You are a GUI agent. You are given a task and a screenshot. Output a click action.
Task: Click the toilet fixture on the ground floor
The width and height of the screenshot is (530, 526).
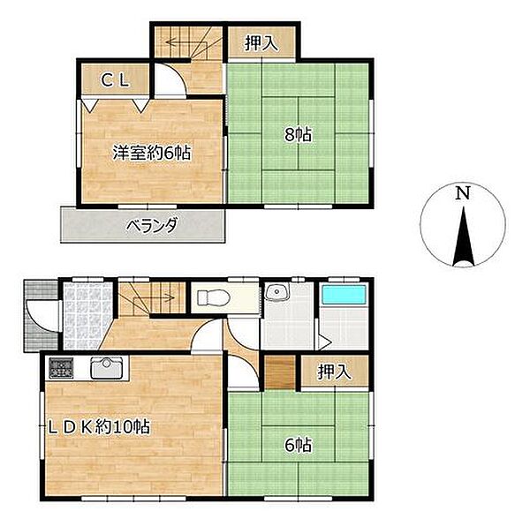click(x=214, y=297)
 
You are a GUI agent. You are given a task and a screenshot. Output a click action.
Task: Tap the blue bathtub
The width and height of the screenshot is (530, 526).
click(x=344, y=295)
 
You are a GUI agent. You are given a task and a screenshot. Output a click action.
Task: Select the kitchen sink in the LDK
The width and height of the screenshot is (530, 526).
click(x=107, y=367)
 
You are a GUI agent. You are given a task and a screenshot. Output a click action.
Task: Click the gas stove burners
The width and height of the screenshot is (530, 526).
click(x=61, y=367)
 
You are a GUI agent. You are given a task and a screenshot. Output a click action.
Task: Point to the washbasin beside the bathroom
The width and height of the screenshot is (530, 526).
click(x=277, y=292)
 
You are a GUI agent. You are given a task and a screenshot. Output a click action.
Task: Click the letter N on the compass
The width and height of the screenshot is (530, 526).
click(x=463, y=193)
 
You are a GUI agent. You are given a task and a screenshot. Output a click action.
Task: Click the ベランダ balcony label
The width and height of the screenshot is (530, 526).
click(x=151, y=225)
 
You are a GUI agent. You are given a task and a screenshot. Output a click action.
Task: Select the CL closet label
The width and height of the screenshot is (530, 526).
click(x=115, y=80)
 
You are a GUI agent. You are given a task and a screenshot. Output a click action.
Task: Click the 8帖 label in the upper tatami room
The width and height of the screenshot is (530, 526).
click(x=299, y=135)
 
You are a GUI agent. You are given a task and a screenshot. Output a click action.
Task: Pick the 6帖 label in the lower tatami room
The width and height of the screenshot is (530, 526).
click(x=299, y=446)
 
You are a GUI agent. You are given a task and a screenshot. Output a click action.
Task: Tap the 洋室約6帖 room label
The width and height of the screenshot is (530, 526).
click(x=152, y=153)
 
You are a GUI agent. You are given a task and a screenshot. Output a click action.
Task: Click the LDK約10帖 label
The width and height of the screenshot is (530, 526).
click(x=99, y=427)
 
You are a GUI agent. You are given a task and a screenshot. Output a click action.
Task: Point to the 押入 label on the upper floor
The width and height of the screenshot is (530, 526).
click(x=261, y=43)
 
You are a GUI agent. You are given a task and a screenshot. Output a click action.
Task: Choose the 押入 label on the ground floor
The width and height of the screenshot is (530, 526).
click(x=335, y=372)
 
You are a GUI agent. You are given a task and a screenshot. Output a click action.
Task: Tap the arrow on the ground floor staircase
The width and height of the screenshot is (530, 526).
click(x=154, y=297)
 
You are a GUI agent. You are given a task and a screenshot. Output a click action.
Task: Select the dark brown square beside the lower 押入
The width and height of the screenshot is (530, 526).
click(x=279, y=372)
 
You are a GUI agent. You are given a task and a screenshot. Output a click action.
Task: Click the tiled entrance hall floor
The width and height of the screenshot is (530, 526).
click(x=87, y=316)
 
